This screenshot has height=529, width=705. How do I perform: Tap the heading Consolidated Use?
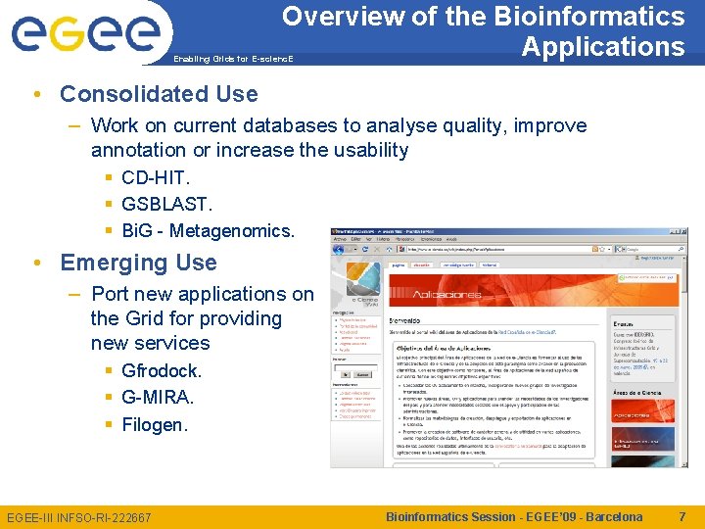(x=159, y=94)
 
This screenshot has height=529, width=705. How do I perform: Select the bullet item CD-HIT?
(x=156, y=177)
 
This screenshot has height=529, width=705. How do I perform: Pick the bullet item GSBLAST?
(x=166, y=204)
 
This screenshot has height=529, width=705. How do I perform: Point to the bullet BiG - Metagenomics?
(x=208, y=231)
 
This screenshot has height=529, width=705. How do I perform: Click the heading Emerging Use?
(x=138, y=263)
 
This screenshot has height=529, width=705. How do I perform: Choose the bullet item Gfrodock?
(x=162, y=371)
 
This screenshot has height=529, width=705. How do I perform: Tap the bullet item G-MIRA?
(x=158, y=398)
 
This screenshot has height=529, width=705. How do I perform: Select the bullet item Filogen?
(x=154, y=425)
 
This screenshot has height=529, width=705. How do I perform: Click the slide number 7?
(x=681, y=516)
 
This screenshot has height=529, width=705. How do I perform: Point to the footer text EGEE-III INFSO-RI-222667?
(x=79, y=517)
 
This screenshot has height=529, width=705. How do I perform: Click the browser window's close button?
(x=682, y=207)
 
